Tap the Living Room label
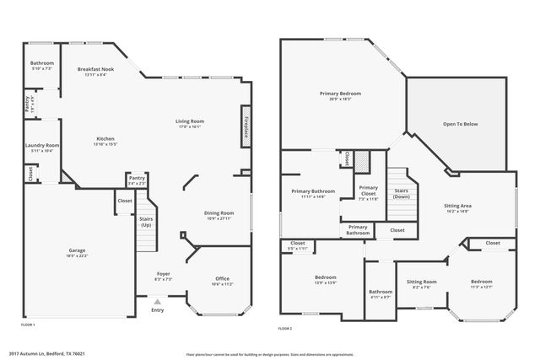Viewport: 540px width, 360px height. point(190,121)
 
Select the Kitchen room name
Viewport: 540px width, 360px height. point(105,138)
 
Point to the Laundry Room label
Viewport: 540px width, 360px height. point(40,145)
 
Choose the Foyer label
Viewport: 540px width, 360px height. point(164,274)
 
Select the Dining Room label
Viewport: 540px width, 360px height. point(219,212)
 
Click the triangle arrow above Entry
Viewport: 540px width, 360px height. point(157,300)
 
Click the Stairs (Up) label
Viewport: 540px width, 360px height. point(146,222)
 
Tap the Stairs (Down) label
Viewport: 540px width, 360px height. point(402,192)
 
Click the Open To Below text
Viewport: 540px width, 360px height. point(461,124)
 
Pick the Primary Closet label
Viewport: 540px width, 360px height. point(368,188)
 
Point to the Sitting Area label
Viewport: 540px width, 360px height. point(456,205)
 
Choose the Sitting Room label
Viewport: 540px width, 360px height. point(422,282)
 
